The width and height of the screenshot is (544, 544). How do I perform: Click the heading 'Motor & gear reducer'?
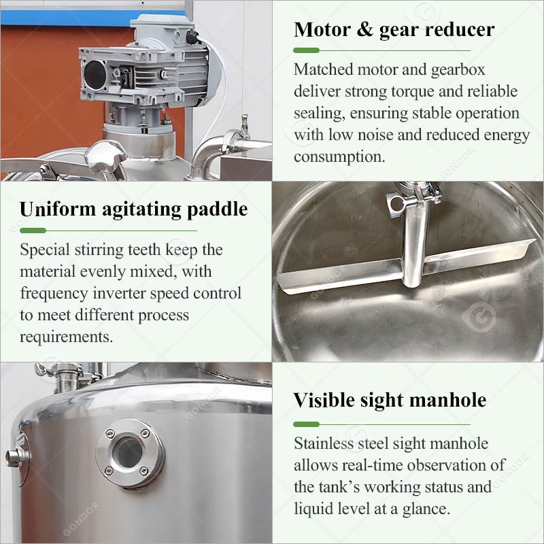[x=394, y=30]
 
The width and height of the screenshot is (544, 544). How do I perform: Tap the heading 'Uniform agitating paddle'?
[x=133, y=209]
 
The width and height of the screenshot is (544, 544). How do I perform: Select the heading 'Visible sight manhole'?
[x=390, y=401]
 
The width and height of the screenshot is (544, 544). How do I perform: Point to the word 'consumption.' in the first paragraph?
[x=339, y=156]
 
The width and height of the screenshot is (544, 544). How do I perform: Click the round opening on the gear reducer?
[x=95, y=73]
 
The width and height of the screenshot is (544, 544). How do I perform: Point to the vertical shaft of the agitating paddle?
[x=412, y=245]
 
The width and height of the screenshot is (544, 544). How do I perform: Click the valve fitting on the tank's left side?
[x=18, y=456]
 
